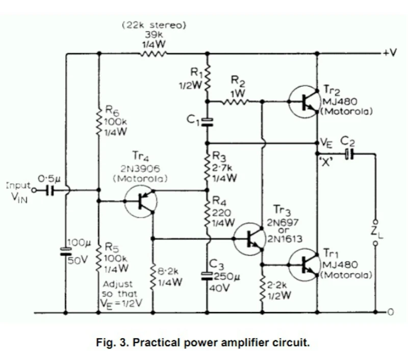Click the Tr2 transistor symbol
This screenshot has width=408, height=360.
(x=304, y=101)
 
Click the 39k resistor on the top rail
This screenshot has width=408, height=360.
(x=151, y=53)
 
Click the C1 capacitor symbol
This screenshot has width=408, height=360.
(x=207, y=121)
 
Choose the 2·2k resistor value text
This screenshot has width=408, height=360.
(x=276, y=286)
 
